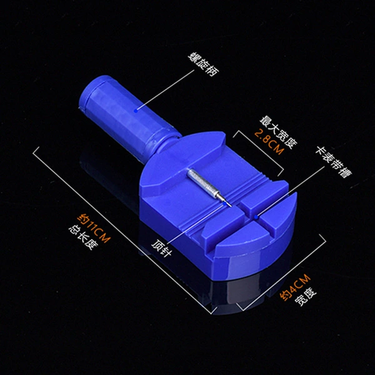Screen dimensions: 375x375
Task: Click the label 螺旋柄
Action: pos(203,64)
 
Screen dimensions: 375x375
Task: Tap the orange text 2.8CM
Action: pos(269,142)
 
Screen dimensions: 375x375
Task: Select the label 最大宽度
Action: pos(278,132)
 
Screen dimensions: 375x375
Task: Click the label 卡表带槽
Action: pos(333,162)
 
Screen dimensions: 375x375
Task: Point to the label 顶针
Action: pos(162,247)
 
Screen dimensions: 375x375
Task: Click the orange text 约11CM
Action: pos(94,228)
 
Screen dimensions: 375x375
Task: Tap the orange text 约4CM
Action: pos(295,287)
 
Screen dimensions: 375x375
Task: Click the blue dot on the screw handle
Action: pos(136,111)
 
